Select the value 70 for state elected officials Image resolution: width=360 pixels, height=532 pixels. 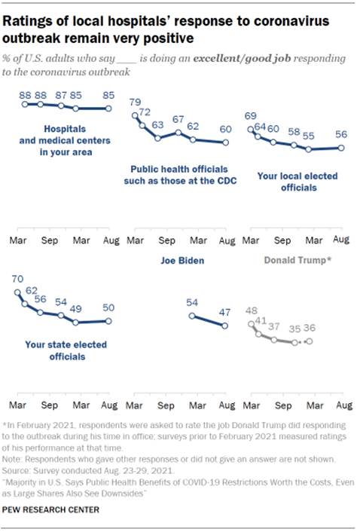17,277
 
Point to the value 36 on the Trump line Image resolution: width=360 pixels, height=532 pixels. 309,328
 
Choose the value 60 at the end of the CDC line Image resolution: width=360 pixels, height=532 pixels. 225,129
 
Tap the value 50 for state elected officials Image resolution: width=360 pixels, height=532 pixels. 108,308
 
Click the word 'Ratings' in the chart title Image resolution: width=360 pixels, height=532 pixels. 35,21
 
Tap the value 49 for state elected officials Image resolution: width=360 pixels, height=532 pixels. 76,308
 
